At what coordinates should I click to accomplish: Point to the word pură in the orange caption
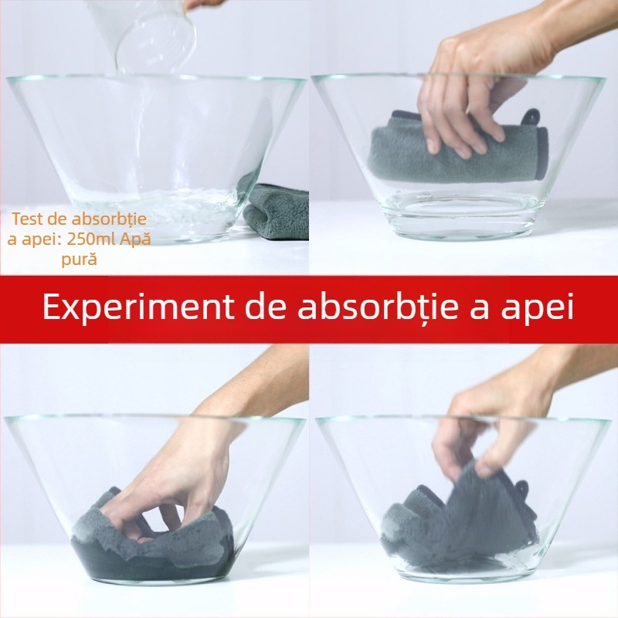point(80,260)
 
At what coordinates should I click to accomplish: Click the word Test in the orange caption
point(26,219)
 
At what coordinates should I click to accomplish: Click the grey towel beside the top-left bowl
point(276,212)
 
